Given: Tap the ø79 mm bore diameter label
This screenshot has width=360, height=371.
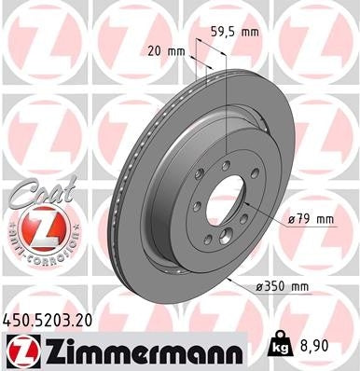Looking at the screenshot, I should [x=312, y=220].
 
